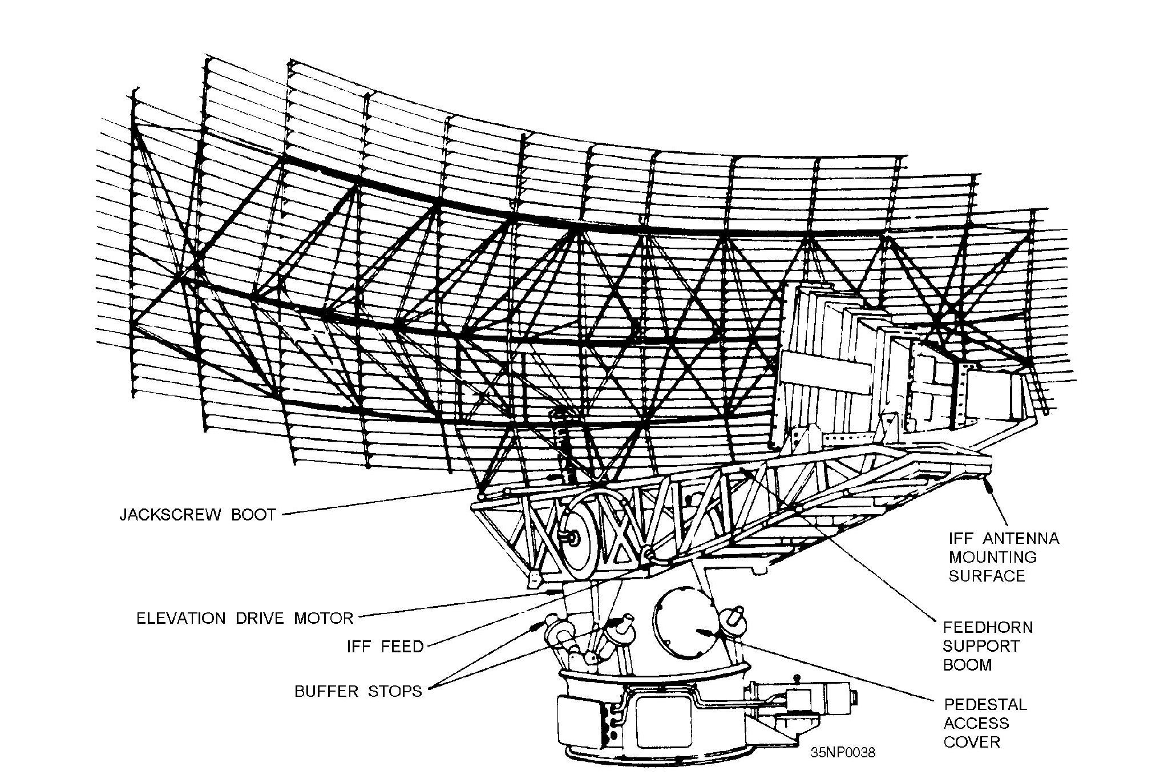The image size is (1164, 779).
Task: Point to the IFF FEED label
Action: (x=385, y=647)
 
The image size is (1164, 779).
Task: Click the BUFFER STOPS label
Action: (x=358, y=692)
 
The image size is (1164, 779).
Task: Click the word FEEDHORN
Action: (x=988, y=628)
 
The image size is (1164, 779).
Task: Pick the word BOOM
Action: (x=968, y=665)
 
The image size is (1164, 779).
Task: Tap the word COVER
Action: (x=972, y=742)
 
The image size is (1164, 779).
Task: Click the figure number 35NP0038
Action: (x=843, y=753)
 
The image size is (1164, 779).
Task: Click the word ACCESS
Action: (x=976, y=724)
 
